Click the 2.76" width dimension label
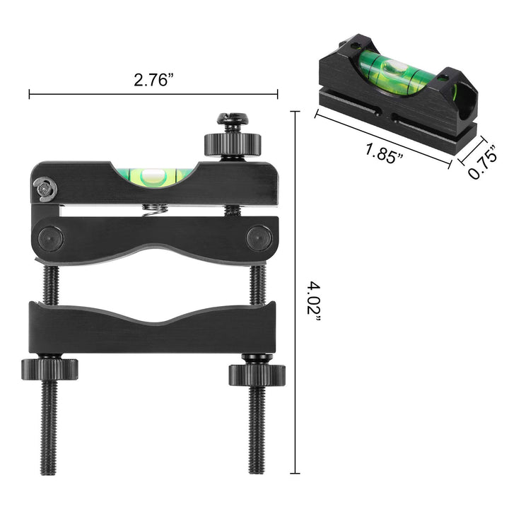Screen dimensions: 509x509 pyautogui.click(x=154, y=80)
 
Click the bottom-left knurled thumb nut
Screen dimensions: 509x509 pyautogui.click(x=49, y=368)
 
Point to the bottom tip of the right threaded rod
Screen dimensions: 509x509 pyautogui.click(x=256, y=471)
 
